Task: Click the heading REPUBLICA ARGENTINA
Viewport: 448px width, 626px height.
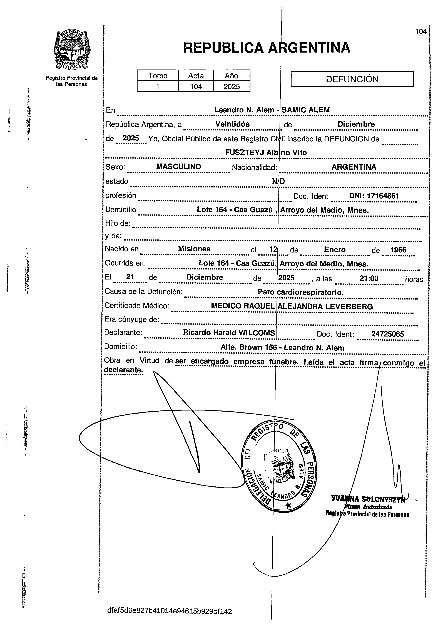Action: point(267,48)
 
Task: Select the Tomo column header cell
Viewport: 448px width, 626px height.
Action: point(158,76)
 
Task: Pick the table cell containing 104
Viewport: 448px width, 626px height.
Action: point(196,86)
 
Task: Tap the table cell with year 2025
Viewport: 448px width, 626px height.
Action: point(232,86)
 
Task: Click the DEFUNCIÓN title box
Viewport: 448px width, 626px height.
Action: point(352,79)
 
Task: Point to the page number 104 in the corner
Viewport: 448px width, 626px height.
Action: point(421,32)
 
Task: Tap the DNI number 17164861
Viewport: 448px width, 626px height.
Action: point(374,196)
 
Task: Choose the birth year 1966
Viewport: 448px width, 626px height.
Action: point(398,250)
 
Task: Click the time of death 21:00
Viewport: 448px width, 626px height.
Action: point(369,278)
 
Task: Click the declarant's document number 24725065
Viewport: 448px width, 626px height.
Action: point(387,334)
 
